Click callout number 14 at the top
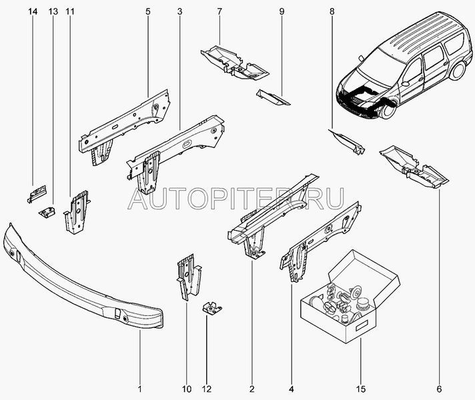(x=33, y=12)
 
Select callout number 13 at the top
(x=53, y=12)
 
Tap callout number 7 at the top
(x=219, y=12)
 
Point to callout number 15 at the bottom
(x=361, y=389)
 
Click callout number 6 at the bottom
(x=439, y=389)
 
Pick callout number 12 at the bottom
(x=207, y=389)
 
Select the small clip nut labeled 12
(x=211, y=308)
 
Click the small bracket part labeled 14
(x=37, y=193)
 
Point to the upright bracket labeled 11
(x=77, y=212)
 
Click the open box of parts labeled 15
(x=350, y=298)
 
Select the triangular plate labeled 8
(x=347, y=141)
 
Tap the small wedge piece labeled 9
(x=273, y=97)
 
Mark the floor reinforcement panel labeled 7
(x=234, y=63)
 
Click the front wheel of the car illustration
(x=388, y=109)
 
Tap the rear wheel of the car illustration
(x=457, y=71)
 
